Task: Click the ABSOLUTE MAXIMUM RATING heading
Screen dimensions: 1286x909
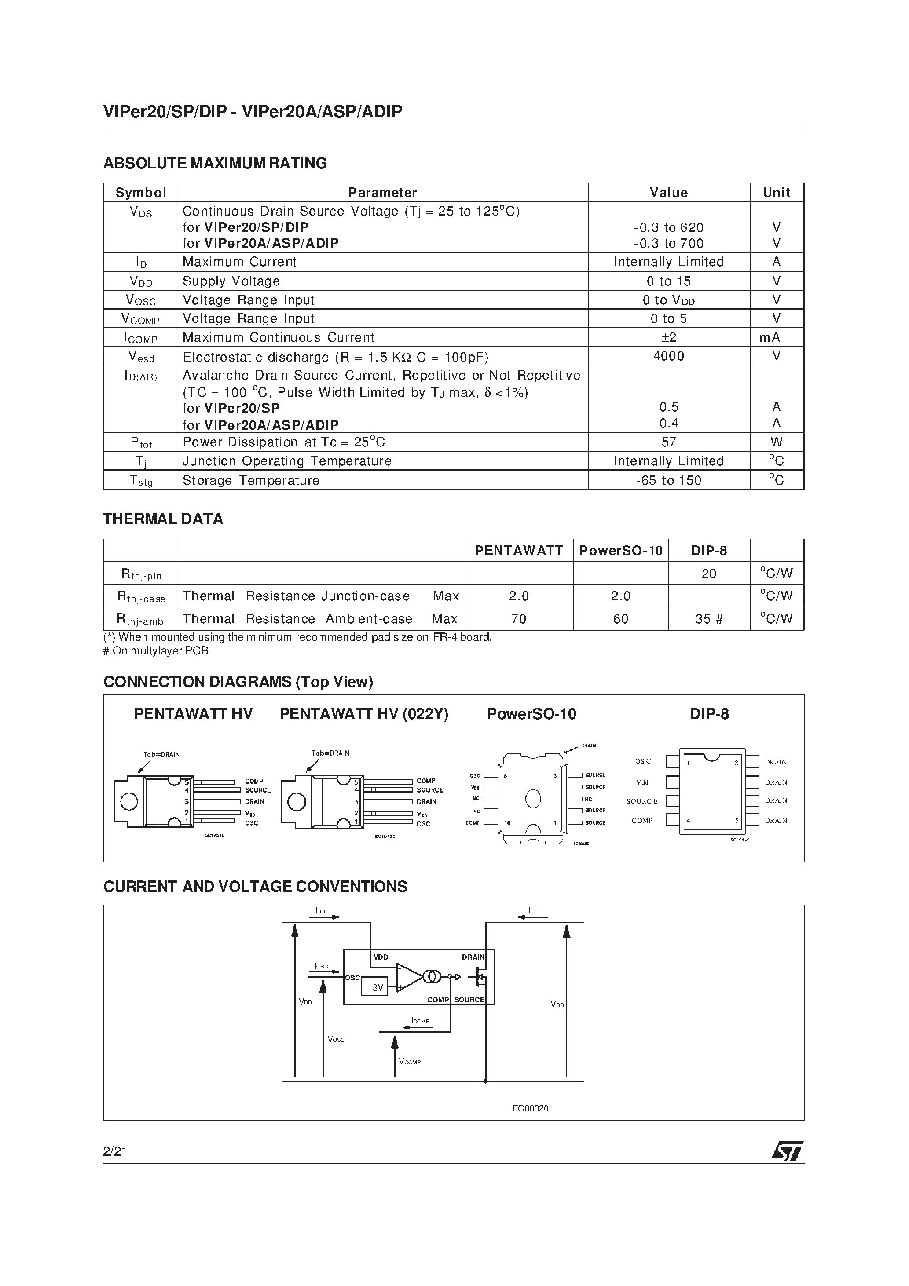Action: point(215,163)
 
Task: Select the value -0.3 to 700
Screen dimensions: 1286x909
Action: point(669,243)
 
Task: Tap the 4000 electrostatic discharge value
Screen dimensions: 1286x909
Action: point(669,356)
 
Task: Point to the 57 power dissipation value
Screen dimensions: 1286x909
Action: point(669,442)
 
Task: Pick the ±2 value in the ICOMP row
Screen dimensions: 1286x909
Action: point(669,337)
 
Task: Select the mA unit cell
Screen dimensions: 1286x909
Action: point(776,337)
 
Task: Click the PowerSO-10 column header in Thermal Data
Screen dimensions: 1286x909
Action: point(620,551)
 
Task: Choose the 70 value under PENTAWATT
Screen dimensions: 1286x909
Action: point(518,619)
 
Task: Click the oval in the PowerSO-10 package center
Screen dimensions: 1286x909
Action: point(533,799)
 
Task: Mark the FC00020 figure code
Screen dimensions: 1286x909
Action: point(530,1108)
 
